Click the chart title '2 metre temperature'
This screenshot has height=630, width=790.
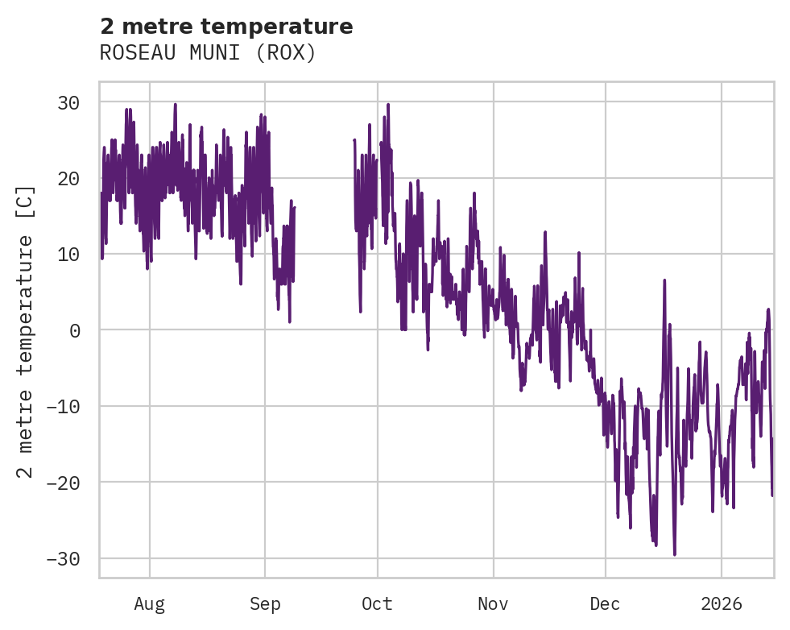click(226, 27)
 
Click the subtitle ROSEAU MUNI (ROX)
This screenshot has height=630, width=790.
click(208, 53)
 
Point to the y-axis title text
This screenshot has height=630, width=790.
click(26, 331)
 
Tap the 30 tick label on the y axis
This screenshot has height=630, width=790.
click(68, 102)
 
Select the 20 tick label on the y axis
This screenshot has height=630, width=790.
click(68, 178)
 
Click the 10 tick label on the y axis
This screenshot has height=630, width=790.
click(68, 255)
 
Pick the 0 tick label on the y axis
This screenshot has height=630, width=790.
click(74, 330)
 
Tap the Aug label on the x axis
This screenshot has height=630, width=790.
click(150, 603)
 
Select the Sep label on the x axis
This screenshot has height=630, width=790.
click(265, 603)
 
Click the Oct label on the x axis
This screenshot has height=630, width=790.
click(377, 603)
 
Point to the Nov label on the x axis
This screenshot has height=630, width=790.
click(493, 603)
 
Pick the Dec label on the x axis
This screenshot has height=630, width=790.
click(606, 603)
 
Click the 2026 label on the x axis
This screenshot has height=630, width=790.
click(722, 603)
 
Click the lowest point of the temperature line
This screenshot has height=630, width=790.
click(674, 554)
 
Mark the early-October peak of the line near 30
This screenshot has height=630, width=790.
click(387, 105)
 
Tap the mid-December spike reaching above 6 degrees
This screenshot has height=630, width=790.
click(664, 280)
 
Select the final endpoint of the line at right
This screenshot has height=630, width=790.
click(772, 495)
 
